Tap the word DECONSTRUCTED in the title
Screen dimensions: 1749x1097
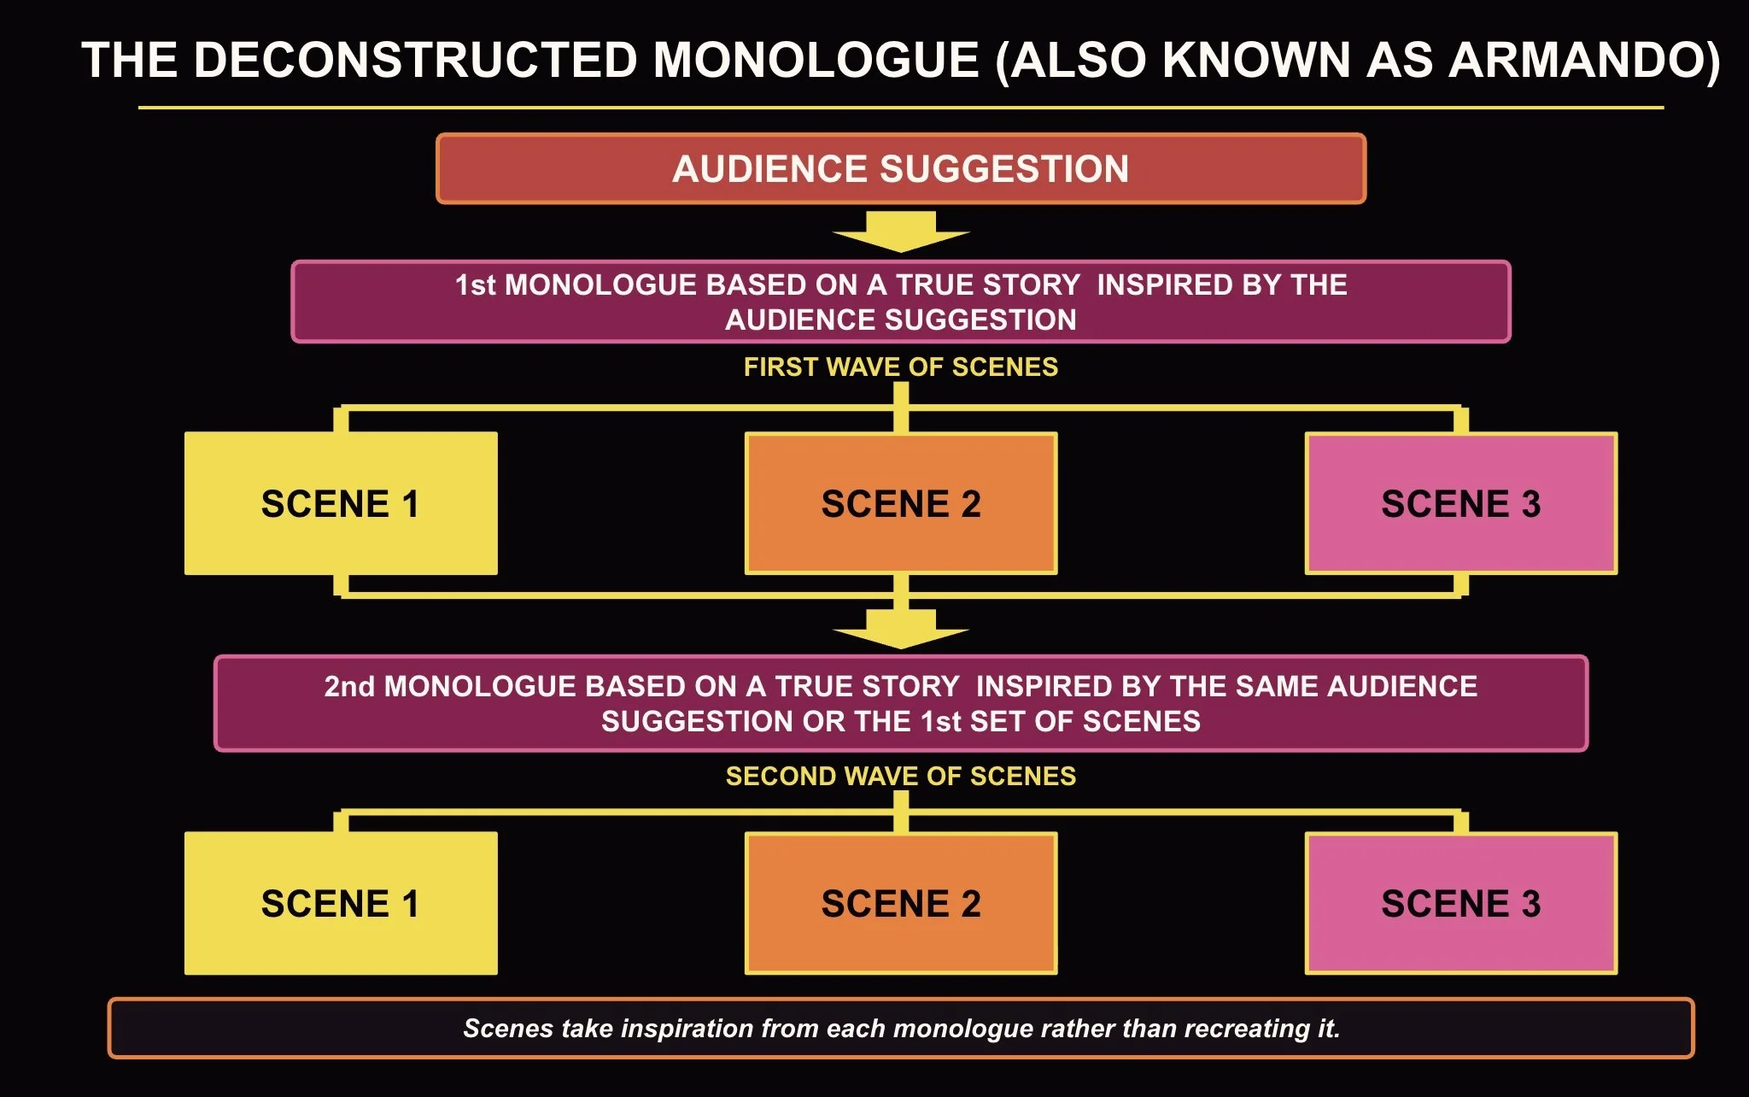coord(416,61)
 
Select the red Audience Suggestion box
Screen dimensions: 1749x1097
coord(901,168)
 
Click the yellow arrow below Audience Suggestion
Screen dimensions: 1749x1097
coord(901,232)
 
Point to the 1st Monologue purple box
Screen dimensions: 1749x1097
coord(901,302)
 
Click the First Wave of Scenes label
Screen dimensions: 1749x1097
coord(901,367)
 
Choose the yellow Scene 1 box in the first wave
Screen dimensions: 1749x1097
coord(341,503)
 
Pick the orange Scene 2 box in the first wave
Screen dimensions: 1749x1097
coord(901,503)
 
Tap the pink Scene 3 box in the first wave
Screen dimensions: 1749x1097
coord(1461,503)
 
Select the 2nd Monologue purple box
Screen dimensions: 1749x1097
coord(901,703)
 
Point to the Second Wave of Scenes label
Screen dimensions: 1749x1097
coord(901,776)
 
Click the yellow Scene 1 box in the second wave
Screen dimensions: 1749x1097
coord(341,903)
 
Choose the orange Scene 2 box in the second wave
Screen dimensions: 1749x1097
coord(901,903)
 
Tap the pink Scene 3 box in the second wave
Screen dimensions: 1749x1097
coord(1461,903)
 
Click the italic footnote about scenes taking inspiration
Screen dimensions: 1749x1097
coord(901,1028)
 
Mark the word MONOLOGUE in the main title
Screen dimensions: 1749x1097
coord(816,61)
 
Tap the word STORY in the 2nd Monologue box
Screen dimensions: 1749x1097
coord(911,686)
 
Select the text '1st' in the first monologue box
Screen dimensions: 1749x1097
coord(475,285)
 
